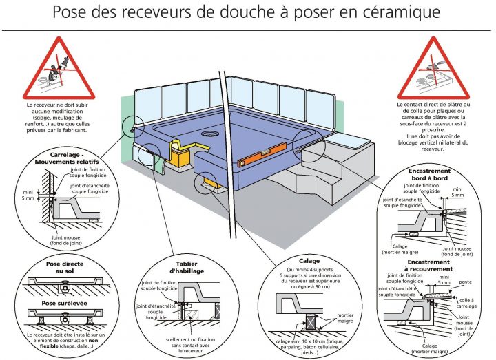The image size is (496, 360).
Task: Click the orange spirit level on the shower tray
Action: point(265,154)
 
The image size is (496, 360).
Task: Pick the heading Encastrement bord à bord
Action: point(430,175)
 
